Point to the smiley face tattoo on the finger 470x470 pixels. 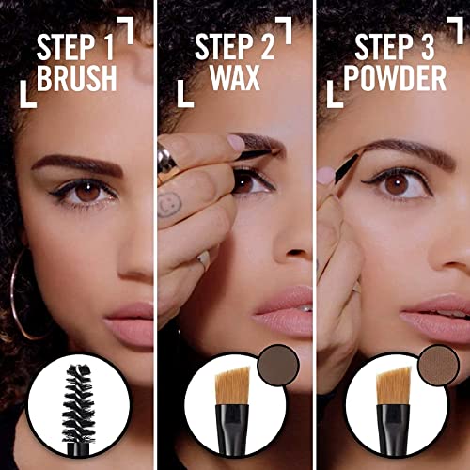tap(170, 205)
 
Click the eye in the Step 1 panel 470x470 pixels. tap(90, 192)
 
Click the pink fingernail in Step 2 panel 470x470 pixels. tap(236, 143)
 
